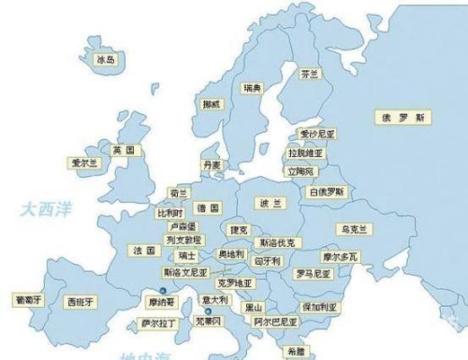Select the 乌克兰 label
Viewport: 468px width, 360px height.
tap(357, 228)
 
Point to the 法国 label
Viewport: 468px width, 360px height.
tap(143, 251)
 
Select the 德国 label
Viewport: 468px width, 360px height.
tap(208, 208)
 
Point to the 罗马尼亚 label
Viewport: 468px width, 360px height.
tap(313, 274)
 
